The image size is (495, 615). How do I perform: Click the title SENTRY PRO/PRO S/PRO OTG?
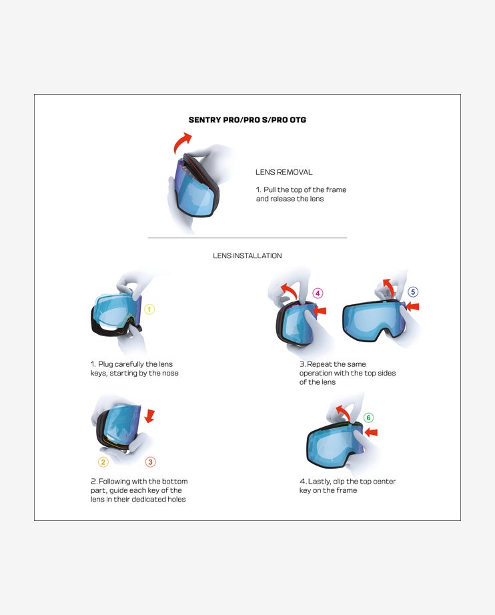[x=247, y=120]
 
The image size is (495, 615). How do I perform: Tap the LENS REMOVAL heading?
[x=284, y=172]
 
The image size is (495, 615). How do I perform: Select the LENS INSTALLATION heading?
[x=247, y=255]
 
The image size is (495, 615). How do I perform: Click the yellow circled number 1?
[x=149, y=310]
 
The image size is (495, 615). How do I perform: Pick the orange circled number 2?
[x=103, y=462]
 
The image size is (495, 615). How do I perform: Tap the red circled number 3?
[x=150, y=462]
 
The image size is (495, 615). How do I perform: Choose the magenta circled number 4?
[x=318, y=293]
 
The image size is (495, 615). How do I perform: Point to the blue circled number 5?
[x=413, y=291]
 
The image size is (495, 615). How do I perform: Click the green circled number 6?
[x=368, y=418]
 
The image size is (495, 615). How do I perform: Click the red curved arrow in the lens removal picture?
[x=182, y=141]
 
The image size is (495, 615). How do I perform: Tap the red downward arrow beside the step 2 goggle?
[x=149, y=416]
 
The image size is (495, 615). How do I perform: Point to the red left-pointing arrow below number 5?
[x=413, y=307]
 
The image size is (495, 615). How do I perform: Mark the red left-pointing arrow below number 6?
[x=370, y=432]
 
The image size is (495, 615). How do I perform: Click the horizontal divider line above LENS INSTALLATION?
[x=247, y=237]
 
